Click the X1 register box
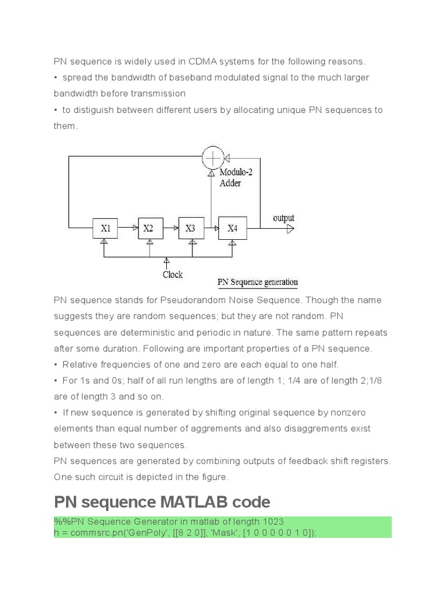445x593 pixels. click(106, 229)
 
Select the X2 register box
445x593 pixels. click(148, 229)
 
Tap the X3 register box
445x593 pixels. click(191, 229)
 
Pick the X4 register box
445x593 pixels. click(232, 229)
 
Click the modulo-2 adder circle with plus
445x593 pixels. click(213, 157)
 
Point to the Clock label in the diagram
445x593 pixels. click(173, 274)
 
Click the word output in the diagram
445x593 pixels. click(284, 218)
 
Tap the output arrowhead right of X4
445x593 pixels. click(291, 229)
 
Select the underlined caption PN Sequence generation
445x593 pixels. click(258, 283)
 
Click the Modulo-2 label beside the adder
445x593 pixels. click(236, 172)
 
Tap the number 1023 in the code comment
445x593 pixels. click(272, 522)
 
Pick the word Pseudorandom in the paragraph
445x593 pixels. click(211, 300)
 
